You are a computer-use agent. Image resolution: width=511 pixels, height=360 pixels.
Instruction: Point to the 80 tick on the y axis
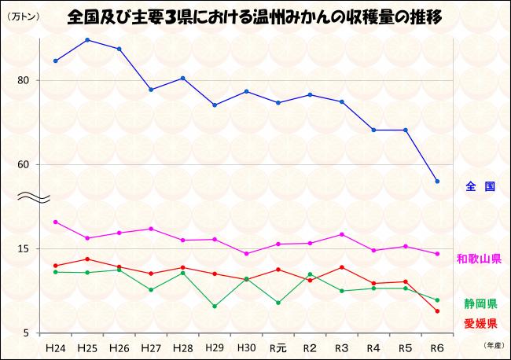(23, 80)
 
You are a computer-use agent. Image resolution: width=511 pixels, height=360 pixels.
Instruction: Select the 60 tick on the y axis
(23, 164)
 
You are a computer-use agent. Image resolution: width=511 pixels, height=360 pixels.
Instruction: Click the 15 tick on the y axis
(23, 249)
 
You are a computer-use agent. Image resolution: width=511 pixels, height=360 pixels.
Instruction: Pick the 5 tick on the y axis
(25, 333)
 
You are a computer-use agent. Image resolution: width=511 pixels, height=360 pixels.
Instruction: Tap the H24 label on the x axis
(55, 347)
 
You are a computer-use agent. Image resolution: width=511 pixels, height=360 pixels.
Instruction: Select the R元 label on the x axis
(278, 347)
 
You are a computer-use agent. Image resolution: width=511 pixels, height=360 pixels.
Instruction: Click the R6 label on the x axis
(437, 347)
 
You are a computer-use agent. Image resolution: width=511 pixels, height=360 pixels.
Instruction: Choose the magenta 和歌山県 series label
(479, 259)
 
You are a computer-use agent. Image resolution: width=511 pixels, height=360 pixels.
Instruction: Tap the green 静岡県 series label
(480, 303)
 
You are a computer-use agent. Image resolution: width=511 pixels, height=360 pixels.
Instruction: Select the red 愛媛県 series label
(480, 323)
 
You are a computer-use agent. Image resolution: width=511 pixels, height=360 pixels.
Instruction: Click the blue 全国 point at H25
(87, 40)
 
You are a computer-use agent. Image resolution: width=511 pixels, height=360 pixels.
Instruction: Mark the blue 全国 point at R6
(437, 182)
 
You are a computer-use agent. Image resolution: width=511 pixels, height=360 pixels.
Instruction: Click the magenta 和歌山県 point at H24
(55, 222)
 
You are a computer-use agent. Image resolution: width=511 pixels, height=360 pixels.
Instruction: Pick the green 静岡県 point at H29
(215, 307)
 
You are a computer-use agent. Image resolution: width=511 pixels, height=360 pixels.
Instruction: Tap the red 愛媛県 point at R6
(437, 311)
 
